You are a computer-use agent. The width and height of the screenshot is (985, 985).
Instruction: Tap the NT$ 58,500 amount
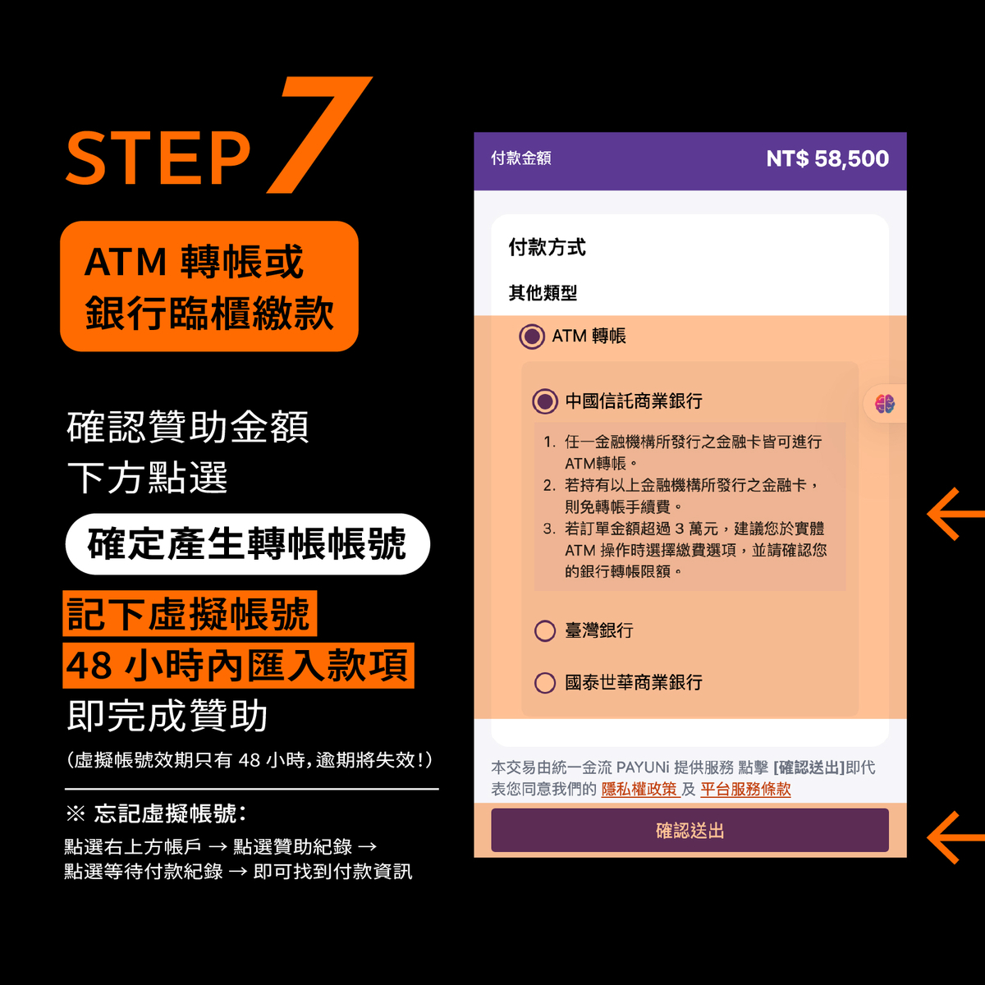tap(827, 158)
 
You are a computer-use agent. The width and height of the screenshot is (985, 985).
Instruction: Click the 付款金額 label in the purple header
tap(521, 158)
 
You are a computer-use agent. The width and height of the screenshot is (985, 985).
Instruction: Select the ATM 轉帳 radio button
tap(532, 337)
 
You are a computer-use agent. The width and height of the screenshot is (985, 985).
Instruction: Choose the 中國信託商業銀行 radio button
tap(545, 401)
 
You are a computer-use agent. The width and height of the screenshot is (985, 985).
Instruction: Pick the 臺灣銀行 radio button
tap(545, 630)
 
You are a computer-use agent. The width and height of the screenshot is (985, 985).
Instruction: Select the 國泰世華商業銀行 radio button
tap(545, 683)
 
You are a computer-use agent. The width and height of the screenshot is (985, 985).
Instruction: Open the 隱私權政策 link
tap(639, 789)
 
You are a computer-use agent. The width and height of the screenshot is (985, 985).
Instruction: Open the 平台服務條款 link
tap(745, 789)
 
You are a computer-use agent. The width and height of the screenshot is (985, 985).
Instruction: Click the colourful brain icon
tap(885, 404)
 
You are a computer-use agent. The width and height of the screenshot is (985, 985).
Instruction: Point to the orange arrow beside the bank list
tap(954, 514)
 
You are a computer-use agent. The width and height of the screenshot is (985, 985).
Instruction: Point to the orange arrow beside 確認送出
tap(954, 837)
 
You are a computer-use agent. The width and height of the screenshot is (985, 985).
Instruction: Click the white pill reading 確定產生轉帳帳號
tap(248, 544)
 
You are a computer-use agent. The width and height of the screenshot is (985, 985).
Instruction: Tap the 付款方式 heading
tap(547, 247)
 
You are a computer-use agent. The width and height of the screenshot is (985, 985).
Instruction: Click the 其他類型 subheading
tap(543, 293)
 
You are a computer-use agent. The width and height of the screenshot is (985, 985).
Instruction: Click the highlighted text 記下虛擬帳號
tap(190, 613)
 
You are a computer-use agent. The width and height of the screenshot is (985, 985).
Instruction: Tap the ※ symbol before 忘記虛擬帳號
tap(76, 813)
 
